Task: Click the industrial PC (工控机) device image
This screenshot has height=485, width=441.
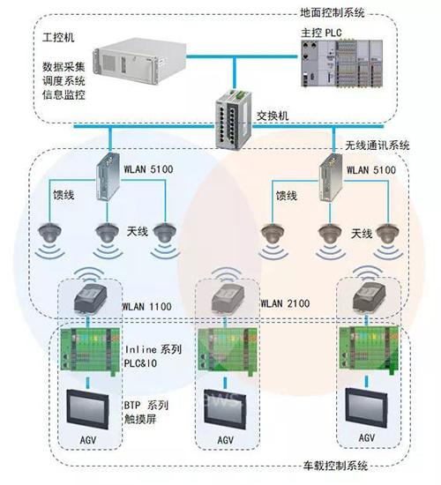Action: tap(140, 61)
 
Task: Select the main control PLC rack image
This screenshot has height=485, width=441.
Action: tap(342, 63)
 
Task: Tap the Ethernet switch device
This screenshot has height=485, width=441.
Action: tap(234, 120)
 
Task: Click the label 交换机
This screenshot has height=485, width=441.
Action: tap(273, 116)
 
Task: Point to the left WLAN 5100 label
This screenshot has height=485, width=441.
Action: tap(148, 169)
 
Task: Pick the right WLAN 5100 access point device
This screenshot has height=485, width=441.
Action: tap(331, 177)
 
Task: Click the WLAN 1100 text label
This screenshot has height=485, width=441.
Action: tap(146, 307)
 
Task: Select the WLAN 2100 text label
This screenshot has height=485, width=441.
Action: tap(285, 303)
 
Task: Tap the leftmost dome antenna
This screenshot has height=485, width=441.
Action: tap(49, 232)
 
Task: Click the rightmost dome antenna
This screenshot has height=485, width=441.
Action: tap(388, 234)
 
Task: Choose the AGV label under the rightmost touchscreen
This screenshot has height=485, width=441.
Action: tap(367, 437)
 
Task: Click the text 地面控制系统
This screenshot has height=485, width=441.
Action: tap(332, 12)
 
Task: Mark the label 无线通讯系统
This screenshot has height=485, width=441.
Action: tap(377, 145)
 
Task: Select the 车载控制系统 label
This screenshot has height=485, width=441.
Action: tap(335, 466)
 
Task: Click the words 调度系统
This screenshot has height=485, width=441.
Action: tap(64, 80)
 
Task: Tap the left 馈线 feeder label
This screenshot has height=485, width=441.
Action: tap(64, 195)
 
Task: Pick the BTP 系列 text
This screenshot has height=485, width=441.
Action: tap(146, 405)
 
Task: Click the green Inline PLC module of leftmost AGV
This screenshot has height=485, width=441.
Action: tap(90, 350)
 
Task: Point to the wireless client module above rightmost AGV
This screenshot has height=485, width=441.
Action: tap(369, 295)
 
